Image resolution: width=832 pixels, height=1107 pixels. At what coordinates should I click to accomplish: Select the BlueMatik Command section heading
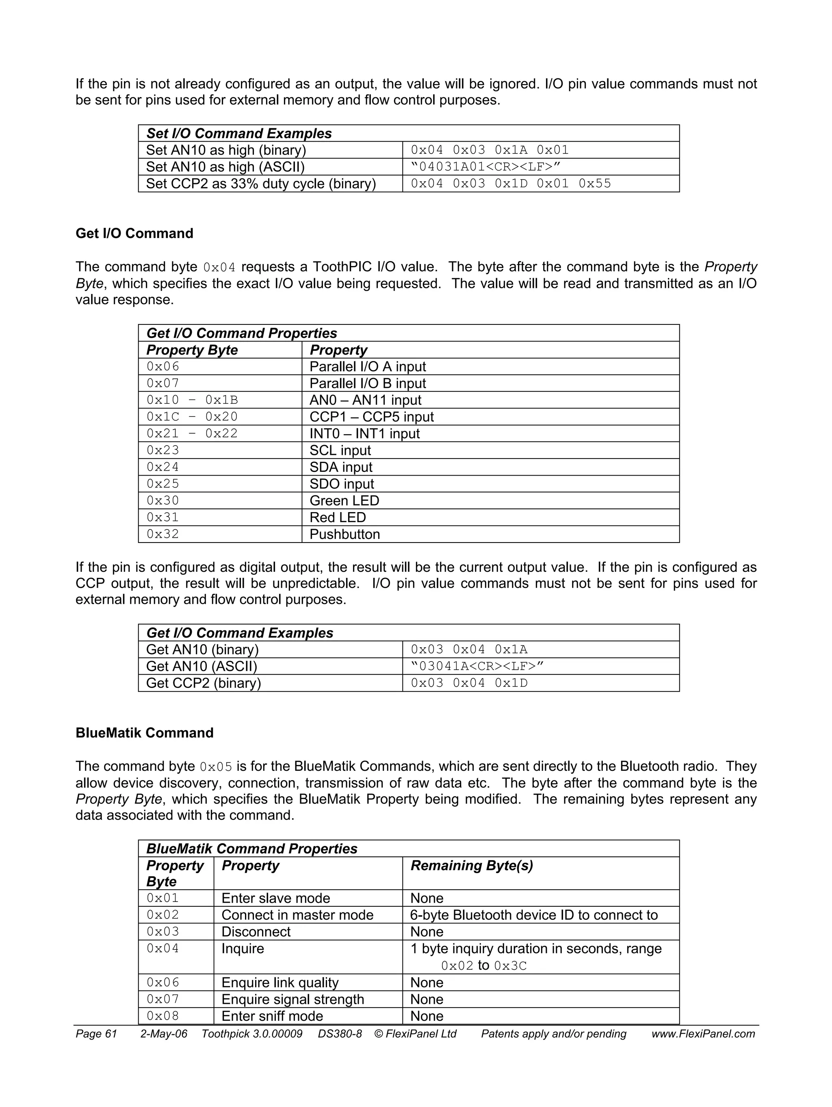point(144,733)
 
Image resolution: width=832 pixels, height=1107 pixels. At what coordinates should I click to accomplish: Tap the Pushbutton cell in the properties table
point(344,534)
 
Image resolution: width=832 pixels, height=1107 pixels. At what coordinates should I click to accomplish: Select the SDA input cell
point(340,467)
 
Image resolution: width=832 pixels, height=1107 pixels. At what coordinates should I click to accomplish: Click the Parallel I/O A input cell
point(367,366)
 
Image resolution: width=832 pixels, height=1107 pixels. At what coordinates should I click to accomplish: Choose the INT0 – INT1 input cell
point(364,433)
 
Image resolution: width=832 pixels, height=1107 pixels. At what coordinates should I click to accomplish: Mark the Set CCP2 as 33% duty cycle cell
point(260,184)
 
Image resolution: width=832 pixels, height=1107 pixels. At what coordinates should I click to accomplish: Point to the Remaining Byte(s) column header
point(471,865)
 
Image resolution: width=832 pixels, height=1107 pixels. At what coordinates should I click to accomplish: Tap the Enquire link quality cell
point(280,982)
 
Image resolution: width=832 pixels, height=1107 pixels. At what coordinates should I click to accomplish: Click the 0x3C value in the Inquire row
point(510,966)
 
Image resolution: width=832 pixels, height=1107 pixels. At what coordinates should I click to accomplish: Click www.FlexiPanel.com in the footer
point(703,1034)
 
